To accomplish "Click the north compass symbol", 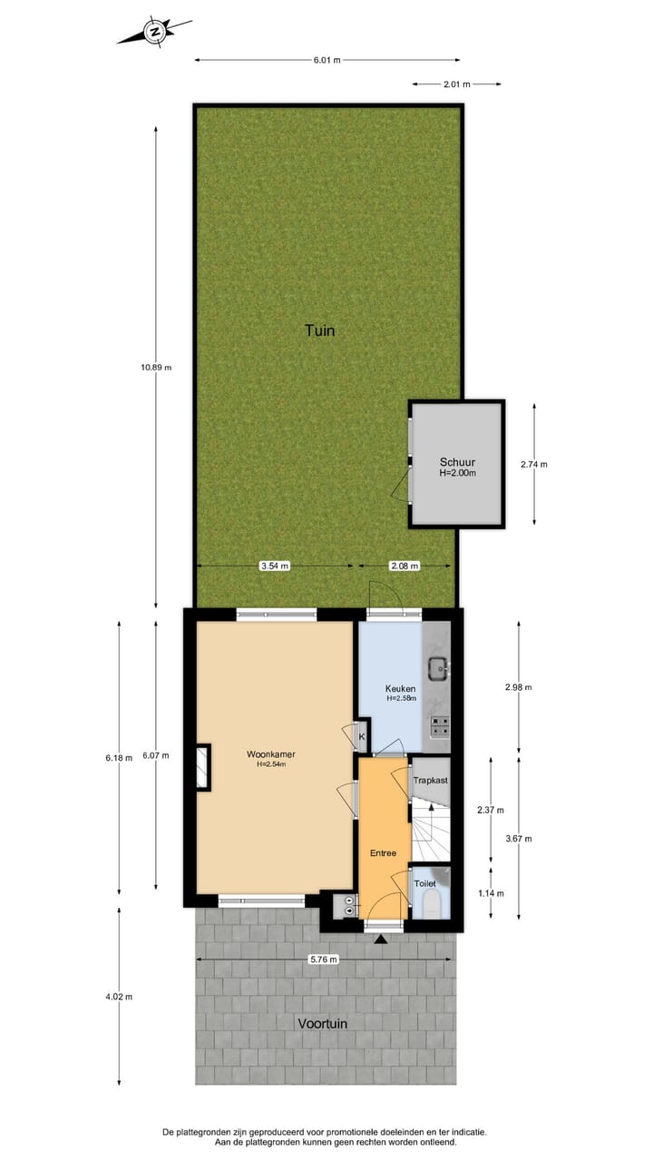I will pos(154,33).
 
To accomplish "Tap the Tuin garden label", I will pos(319,330).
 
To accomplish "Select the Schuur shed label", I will pos(457,461).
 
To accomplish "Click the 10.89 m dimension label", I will pos(156,368).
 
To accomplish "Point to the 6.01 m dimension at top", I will pos(326,61).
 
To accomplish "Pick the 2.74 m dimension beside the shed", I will pos(534,464).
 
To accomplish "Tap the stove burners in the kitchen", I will pos(440,726).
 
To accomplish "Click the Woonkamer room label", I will pos(270,754).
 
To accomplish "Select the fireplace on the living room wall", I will pos(203,767).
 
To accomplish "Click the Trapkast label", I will pos(431,780).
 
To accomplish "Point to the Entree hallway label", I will pos(383,852).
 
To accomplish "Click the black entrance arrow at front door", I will pos(380,938).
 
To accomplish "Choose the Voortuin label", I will pos(323,1023).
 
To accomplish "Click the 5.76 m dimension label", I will pos(324,959).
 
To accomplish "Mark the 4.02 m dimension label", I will pos(119,996).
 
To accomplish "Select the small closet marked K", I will pos(361,736).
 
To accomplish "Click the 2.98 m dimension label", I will pos(519,687).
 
